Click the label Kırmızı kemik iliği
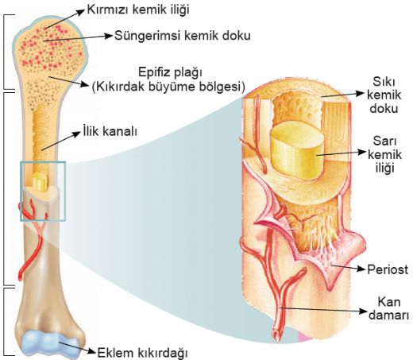coord(138,10)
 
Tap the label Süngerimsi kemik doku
coord(183,36)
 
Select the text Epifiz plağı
coord(170,72)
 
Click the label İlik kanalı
coord(110,131)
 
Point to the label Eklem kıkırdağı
coord(142,353)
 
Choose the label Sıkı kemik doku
coord(384,95)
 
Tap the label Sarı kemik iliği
coord(384,154)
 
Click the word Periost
coord(388,269)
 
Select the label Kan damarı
coord(388,308)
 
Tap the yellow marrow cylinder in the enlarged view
coord(298,149)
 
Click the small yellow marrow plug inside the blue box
coord(40,181)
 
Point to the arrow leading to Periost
coord(348,267)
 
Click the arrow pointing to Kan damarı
coord(322,309)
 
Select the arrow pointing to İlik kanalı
coord(60,141)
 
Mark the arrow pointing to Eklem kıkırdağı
coord(77,347)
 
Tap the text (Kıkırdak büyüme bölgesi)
coord(168,87)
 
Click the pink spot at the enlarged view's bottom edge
coord(302,338)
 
